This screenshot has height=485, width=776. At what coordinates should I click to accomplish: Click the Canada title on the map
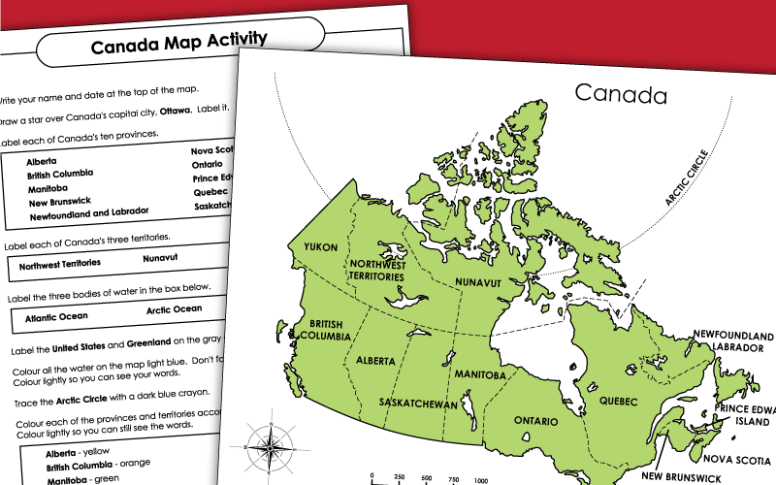pyautogui.click(x=621, y=94)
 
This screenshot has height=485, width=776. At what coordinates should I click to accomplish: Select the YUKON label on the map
pyautogui.click(x=320, y=247)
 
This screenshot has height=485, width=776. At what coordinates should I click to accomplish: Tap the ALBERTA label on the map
pyautogui.click(x=375, y=360)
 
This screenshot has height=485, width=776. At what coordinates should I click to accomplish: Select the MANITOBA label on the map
pyautogui.click(x=481, y=374)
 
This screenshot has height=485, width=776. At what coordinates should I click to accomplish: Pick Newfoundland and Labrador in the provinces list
pyautogui.click(x=87, y=210)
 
